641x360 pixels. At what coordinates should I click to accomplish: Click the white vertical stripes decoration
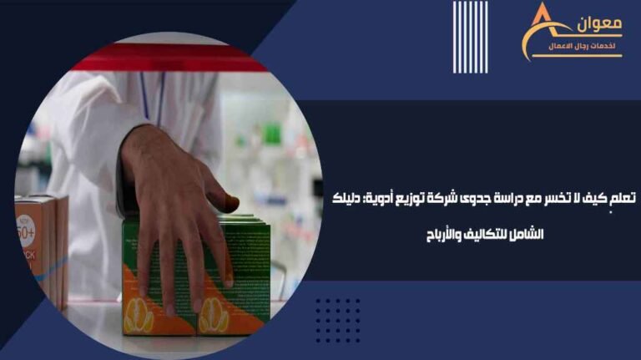point(470,37)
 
